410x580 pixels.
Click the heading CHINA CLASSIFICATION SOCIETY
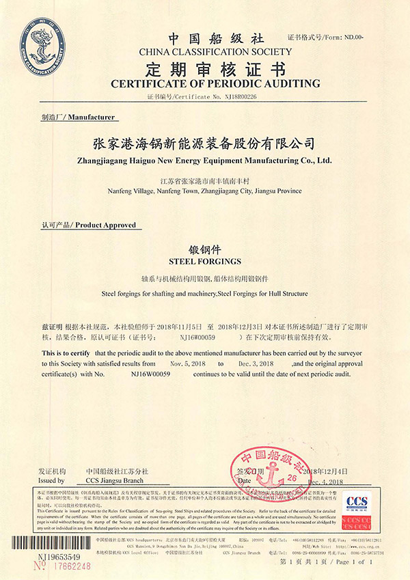pos(205,52)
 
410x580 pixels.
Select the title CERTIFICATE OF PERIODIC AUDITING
pos(205,83)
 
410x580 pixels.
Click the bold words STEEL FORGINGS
pos(204,261)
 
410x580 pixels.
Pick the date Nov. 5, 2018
pos(188,364)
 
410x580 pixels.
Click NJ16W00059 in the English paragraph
pos(150,374)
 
